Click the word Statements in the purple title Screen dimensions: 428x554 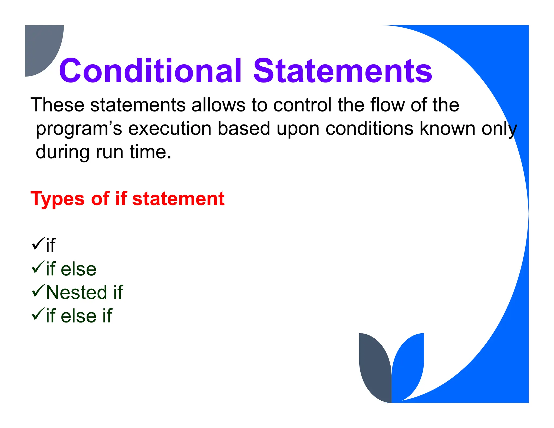342,71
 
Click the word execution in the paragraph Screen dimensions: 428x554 170,129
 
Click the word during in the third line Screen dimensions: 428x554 62,152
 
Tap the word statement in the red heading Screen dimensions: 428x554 178,199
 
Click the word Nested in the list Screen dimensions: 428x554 77,292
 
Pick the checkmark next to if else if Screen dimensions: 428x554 38,314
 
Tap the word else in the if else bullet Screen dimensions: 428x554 78,269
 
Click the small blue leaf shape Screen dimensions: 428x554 408,365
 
